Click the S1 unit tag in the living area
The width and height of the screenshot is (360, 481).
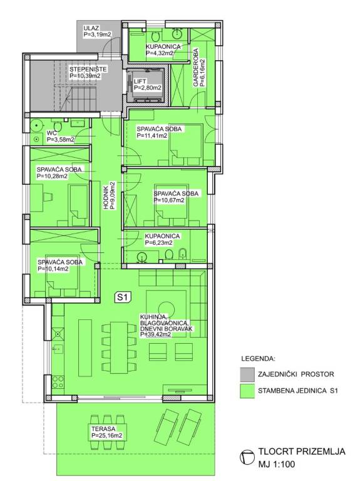(x=123, y=297)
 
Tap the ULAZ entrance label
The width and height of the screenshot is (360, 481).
(x=91, y=29)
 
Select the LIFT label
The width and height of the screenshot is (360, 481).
(x=140, y=81)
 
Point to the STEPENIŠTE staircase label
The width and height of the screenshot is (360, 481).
(x=88, y=70)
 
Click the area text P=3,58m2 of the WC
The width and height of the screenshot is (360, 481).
(x=60, y=140)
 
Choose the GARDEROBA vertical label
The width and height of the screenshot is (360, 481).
(x=195, y=67)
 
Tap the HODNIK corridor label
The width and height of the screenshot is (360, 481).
(x=106, y=200)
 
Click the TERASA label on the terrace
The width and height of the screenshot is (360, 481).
(x=103, y=429)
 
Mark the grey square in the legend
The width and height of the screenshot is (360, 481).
(x=247, y=375)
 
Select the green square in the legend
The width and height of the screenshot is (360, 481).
(x=247, y=391)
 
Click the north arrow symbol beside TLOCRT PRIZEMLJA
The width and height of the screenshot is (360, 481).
(x=247, y=457)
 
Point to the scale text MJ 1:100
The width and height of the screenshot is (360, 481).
(x=276, y=464)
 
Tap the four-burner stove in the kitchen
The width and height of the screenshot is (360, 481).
(x=58, y=382)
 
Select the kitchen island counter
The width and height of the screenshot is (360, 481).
(x=85, y=348)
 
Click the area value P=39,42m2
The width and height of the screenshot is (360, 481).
(x=155, y=334)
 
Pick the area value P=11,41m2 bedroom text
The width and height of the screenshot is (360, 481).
(x=152, y=135)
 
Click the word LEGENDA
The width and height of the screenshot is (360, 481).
(x=258, y=359)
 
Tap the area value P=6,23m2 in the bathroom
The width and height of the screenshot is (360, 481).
(x=158, y=242)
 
